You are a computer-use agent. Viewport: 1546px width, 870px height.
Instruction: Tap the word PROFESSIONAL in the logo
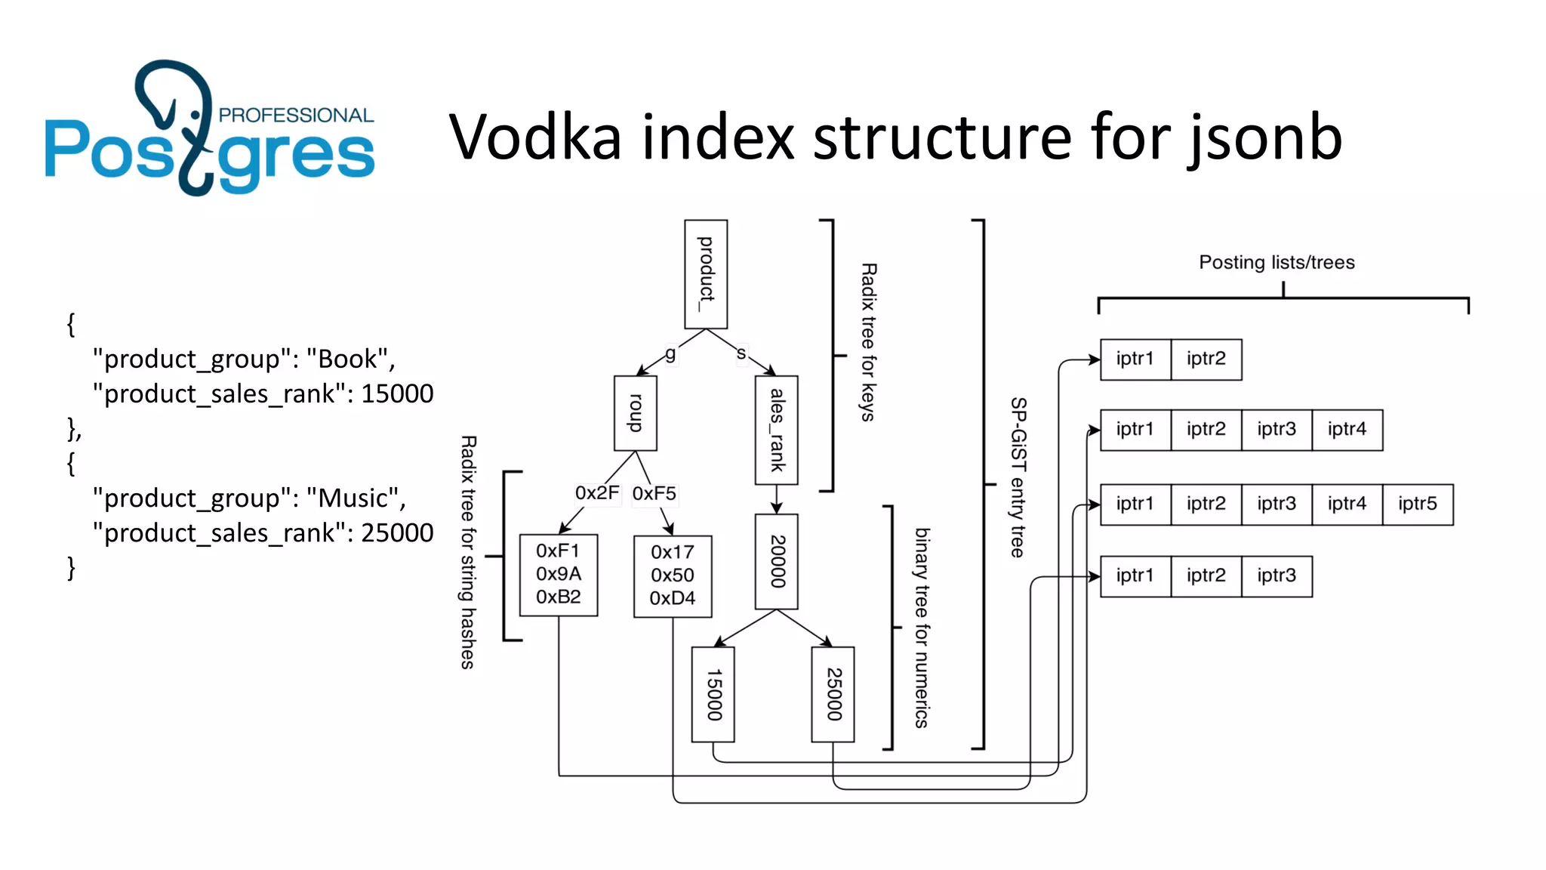(296, 116)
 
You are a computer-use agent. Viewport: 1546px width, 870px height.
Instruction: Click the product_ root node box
(706, 274)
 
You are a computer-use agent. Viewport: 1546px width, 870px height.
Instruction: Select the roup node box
(636, 413)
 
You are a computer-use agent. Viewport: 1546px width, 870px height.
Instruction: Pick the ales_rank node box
(777, 430)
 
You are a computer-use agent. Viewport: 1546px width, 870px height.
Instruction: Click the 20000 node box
(777, 561)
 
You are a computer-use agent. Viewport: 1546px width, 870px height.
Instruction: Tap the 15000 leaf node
(713, 694)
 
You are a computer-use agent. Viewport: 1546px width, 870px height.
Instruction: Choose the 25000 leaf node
(833, 694)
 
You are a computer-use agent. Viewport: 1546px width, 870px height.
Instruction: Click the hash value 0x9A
(559, 574)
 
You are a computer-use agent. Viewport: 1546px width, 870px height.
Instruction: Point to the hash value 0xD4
(673, 598)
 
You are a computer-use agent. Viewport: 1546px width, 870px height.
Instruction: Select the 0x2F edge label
(597, 493)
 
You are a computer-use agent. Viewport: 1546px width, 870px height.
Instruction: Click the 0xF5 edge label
(654, 494)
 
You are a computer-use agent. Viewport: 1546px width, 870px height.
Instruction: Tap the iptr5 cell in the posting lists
(1417, 504)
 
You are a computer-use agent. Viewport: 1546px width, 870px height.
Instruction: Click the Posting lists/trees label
(1277, 262)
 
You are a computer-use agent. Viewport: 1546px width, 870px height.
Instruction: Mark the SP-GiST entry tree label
(1018, 477)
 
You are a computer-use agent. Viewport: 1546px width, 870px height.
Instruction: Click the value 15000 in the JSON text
(397, 393)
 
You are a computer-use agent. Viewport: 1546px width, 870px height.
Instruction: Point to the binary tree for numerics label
(922, 627)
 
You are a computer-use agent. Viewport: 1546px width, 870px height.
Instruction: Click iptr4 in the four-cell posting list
(1347, 430)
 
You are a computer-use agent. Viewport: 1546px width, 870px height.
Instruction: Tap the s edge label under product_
(741, 353)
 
